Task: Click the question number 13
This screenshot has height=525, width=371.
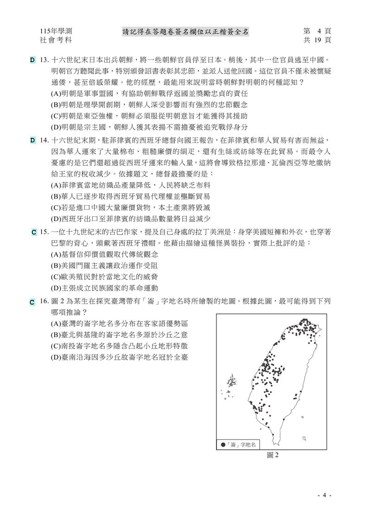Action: pyautogui.click(x=45, y=60)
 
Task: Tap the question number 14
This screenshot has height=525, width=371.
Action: pyautogui.click(x=45, y=140)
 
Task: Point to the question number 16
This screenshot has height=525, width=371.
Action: pyautogui.click(x=45, y=302)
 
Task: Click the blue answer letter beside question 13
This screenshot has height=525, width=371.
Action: pyautogui.click(x=32, y=60)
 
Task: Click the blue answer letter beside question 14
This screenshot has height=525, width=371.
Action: pyautogui.click(x=32, y=140)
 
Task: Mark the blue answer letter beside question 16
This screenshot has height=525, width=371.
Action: pyautogui.click(x=32, y=302)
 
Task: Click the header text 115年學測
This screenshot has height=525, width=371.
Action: pyautogui.click(x=56, y=32)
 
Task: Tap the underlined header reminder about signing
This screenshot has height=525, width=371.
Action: pyautogui.click(x=185, y=32)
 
